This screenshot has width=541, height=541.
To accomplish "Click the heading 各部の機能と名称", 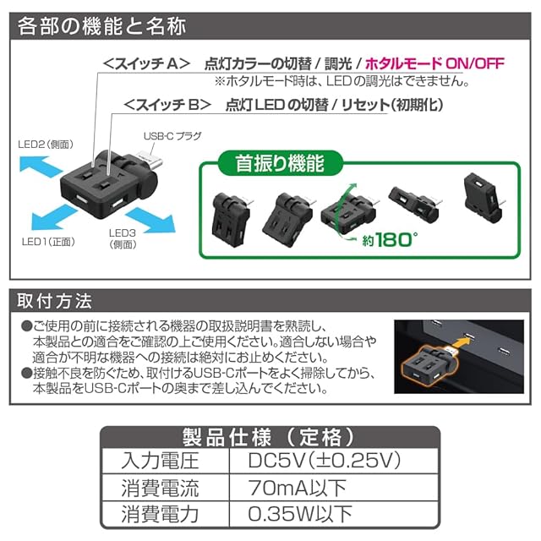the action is coord(101,26).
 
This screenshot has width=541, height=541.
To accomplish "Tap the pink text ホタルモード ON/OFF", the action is coord(434,63).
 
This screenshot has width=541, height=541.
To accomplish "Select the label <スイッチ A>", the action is coord(146,64).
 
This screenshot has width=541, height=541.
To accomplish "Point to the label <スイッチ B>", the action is coord(167,105).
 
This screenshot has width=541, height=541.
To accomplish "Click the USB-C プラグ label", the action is coord(172,136).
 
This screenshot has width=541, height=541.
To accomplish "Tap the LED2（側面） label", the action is coord(46,145).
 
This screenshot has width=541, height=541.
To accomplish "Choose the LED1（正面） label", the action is coord(48,242).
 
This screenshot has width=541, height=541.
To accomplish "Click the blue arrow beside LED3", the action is coord(150,220).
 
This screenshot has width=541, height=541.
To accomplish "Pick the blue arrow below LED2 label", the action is coord(41,167).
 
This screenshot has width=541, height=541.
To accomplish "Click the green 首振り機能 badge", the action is coord(280,163).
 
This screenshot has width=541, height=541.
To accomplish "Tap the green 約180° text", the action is coord(390,239).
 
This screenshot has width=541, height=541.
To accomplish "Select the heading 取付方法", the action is coord(54,301).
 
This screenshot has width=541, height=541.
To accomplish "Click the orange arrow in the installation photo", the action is coord(459,343).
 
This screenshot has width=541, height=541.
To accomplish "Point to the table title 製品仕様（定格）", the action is coord(270,437).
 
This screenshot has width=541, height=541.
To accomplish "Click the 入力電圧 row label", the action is coord(160,461).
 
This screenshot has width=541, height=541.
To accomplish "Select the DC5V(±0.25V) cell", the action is coord(325,460).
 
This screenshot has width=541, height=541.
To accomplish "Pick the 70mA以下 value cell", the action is coord(297,488).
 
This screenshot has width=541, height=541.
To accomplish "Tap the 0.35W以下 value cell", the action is coord(300,514).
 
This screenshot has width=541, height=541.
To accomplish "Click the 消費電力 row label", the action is coord(160,514).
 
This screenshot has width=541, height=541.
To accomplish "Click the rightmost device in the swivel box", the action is coord(484,198).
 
